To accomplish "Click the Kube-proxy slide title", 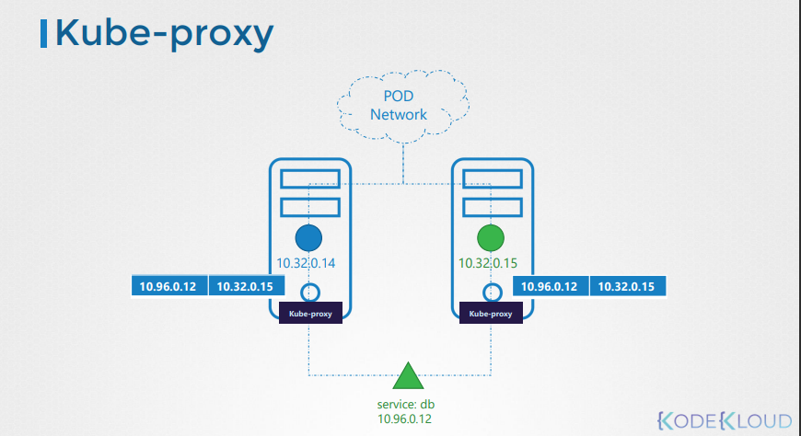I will (x=164, y=33).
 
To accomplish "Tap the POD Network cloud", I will (x=399, y=106).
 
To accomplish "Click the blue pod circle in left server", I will (x=308, y=237).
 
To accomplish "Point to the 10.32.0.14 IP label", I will (x=307, y=264).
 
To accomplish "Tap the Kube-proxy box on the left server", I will (x=310, y=313).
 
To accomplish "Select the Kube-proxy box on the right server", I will (x=490, y=313).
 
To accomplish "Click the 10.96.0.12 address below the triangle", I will (x=405, y=419).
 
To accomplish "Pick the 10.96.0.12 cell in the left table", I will (x=168, y=286).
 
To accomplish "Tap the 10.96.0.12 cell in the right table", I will (x=550, y=286).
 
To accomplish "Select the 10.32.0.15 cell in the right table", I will (x=626, y=286).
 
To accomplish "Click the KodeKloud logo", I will (x=725, y=420).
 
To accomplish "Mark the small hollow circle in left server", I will (x=309, y=292).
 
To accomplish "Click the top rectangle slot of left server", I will (x=309, y=178).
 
